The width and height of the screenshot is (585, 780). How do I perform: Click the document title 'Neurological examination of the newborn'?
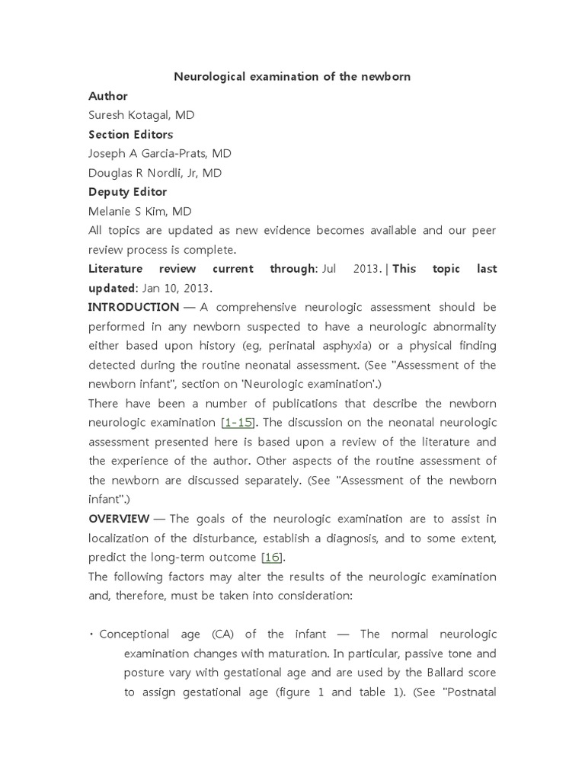coord(292,77)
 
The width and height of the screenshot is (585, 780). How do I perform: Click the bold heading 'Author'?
coord(108,96)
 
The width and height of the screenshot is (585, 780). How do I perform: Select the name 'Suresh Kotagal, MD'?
coord(141,115)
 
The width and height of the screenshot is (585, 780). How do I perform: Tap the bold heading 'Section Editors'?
coord(130,134)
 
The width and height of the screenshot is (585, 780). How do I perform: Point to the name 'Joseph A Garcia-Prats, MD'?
coord(160,153)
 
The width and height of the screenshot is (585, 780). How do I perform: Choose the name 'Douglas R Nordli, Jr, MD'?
coord(155,173)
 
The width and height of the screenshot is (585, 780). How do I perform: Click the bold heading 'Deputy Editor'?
coord(127,192)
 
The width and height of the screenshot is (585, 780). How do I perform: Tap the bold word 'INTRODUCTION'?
coord(133,307)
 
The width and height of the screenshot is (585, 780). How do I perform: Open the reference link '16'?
coord(272,557)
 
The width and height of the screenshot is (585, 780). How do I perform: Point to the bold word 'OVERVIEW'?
coord(119,519)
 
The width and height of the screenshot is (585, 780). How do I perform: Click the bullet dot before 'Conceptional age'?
coord(91,634)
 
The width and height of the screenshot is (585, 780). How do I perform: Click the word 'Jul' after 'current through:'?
coord(329,269)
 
